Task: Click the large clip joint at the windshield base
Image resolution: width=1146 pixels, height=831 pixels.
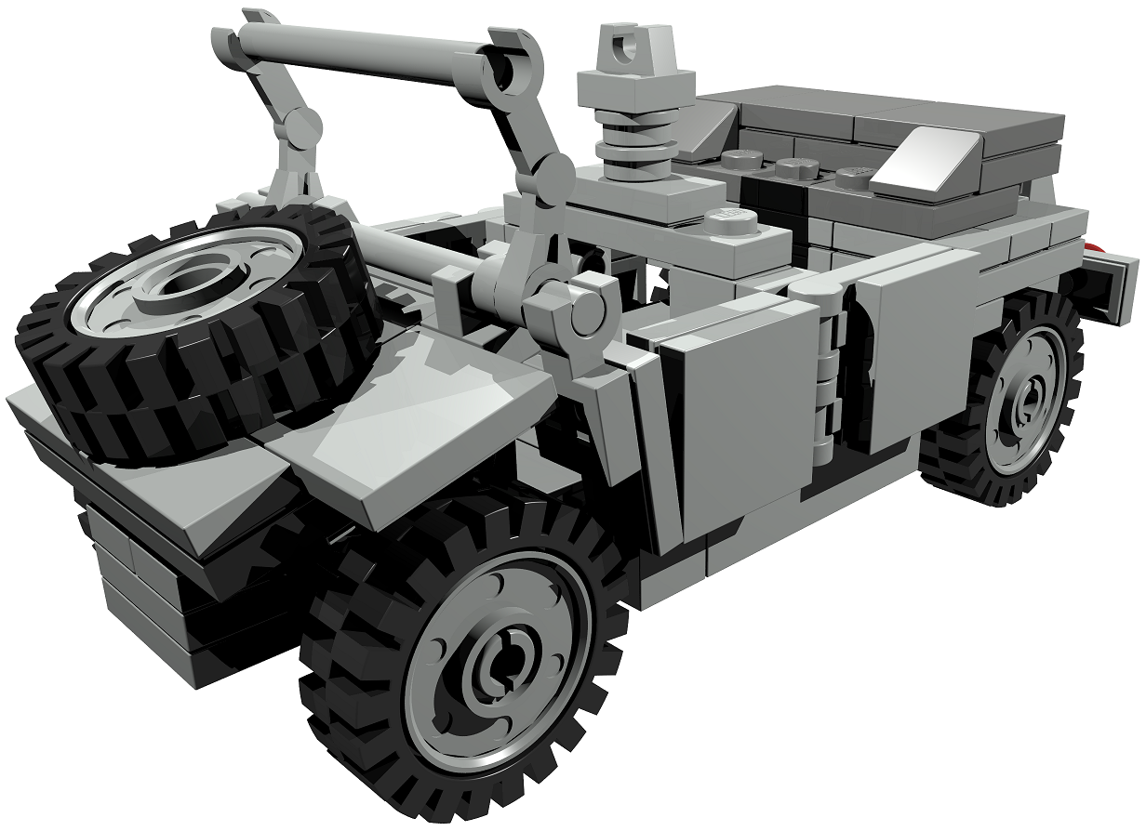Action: tap(581, 311)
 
